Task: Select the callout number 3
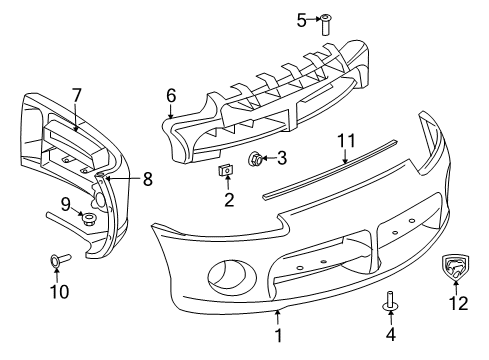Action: [x=282, y=157]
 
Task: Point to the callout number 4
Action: [x=389, y=334]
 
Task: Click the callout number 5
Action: [x=303, y=19]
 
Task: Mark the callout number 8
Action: [x=148, y=180]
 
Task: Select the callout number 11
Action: [x=345, y=138]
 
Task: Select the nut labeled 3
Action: [x=258, y=157]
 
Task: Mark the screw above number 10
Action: [x=56, y=262]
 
